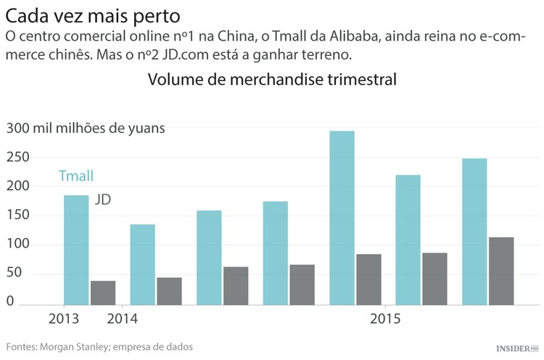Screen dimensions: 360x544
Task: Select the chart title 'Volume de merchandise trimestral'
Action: (272, 79)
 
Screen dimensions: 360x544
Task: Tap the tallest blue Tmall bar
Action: (342, 218)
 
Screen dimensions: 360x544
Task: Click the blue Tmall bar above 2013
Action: (76, 250)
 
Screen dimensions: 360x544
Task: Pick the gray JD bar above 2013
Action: (103, 292)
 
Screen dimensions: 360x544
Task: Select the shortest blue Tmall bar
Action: (142, 265)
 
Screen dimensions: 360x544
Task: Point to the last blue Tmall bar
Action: (474, 232)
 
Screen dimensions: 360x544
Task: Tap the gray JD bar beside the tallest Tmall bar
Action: (368, 279)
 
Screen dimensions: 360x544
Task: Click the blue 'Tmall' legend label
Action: (76, 176)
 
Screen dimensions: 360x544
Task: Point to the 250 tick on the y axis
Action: (18, 157)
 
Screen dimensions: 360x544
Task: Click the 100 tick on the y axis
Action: (18, 245)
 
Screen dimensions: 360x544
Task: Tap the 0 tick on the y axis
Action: (10, 303)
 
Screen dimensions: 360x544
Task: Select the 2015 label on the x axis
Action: (384, 319)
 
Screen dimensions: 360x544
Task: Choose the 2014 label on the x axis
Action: (122, 319)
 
